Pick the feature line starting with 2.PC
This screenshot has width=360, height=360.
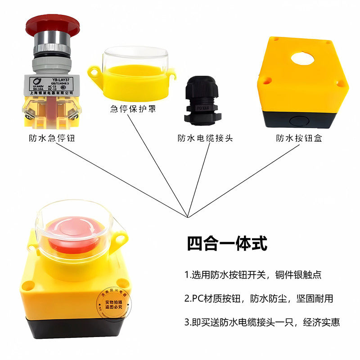tap(258, 298)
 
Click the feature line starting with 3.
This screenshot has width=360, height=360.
tap(261, 322)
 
